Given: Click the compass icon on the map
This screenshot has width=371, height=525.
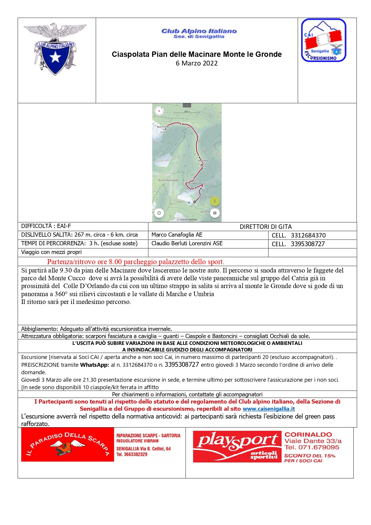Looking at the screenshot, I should click(159, 111).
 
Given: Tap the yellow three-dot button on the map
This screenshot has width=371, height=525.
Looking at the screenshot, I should click(215, 201).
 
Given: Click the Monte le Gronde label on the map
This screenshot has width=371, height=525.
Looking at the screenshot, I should click(163, 127).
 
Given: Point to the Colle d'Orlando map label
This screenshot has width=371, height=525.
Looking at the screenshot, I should click(203, 161).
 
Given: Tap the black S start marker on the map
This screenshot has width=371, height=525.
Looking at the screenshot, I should click(194, 202).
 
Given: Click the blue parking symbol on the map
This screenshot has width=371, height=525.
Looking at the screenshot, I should click(189, 203).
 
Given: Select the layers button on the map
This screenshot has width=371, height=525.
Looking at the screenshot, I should click(215, 213).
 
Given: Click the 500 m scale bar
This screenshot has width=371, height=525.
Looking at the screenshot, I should click(187, 112).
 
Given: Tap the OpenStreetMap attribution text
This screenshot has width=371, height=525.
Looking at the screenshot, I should click(187, 220).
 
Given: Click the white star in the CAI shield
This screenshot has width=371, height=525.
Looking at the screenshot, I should click(55, 57).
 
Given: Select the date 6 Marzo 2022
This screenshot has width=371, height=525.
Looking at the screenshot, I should click(196, 63).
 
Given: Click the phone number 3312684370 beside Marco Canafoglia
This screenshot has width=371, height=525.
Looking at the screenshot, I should click(308, 235).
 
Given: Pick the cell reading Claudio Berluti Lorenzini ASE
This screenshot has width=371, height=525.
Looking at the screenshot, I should click(187, 244).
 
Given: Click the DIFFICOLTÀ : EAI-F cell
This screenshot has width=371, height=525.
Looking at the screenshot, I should click(46, 226).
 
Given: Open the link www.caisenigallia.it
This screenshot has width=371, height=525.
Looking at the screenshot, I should click(268, 409).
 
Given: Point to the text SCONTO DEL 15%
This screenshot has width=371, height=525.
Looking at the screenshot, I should click(310, 456).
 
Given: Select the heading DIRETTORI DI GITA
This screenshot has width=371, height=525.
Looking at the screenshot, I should click(266, 227).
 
